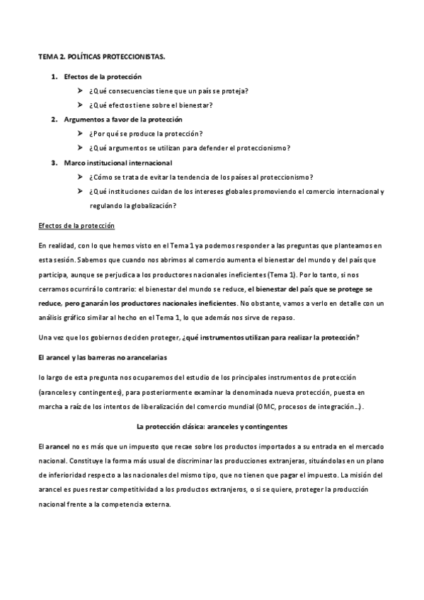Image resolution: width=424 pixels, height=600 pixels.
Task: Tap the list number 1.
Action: pyautogui.click(x=54, y=76)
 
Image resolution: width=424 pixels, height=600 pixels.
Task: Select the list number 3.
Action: pyautogui.click(x=54, y=163)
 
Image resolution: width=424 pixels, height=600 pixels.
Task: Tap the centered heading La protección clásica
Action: pyautogui.click(x=212, y=428)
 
